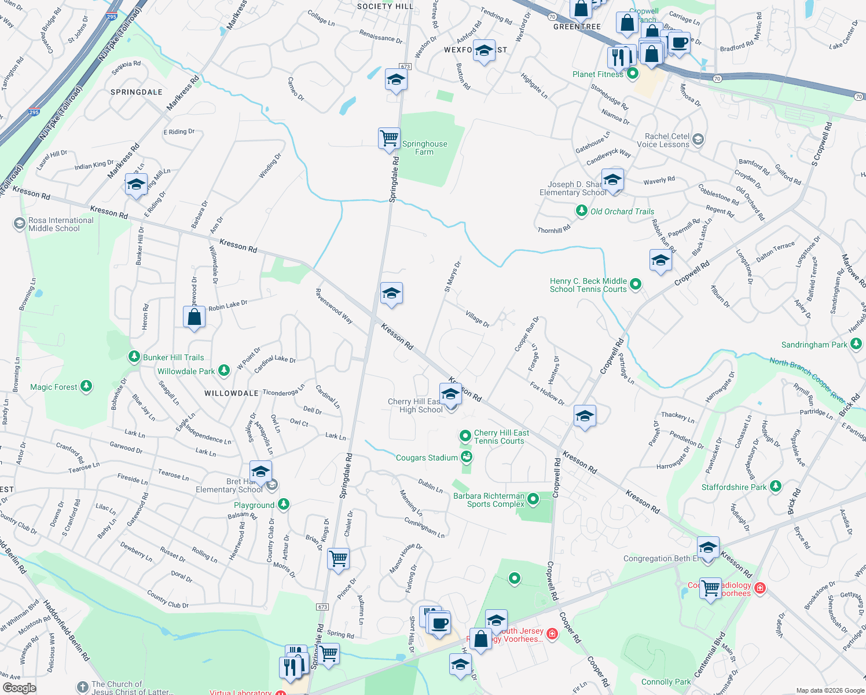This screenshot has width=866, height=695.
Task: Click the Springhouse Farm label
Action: pos(424,148)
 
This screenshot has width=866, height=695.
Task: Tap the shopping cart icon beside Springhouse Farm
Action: pos(389,139)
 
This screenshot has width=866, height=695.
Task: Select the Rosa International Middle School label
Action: pos(61,224)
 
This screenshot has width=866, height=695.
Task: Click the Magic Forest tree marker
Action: pos(86,386)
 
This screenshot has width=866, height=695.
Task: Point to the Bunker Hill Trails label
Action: pos(173,357)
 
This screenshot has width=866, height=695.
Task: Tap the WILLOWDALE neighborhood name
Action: pos(232,393)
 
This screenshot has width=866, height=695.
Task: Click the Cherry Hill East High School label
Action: pos(414,405)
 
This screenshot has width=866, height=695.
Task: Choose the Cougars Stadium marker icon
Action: pos(467,457)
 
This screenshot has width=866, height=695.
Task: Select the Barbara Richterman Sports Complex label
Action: pos(489,500)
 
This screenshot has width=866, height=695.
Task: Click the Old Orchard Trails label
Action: pos(622,211)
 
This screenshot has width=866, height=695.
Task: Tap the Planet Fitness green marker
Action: pos(633,74)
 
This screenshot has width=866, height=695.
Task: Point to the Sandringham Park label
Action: pos(814,345)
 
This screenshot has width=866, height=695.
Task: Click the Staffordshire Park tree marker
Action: pos(776,486)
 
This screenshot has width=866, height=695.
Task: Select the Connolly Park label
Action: pos(666,682)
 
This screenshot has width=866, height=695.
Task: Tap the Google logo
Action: pos(19,687)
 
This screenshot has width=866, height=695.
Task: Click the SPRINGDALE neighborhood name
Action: pos(137,92)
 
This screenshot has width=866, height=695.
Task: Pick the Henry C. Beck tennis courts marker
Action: pos(636,284)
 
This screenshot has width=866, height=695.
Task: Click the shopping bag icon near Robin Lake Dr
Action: pos(194,317)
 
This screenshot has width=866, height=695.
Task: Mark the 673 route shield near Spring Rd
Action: pos(322,607)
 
